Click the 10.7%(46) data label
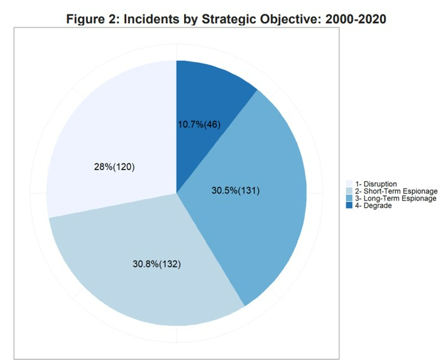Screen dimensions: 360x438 coord(199,124)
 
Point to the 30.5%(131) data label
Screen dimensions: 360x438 coord(234,190)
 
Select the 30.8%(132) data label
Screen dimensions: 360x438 coord(156,264)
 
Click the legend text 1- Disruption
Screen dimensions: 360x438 coord(375,184)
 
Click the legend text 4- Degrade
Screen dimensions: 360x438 coord(373,205)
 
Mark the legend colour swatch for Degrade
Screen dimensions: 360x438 coord(349,205)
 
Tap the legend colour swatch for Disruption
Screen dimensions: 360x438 coord(349,184)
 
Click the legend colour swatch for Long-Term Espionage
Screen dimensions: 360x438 coord(349,199)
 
